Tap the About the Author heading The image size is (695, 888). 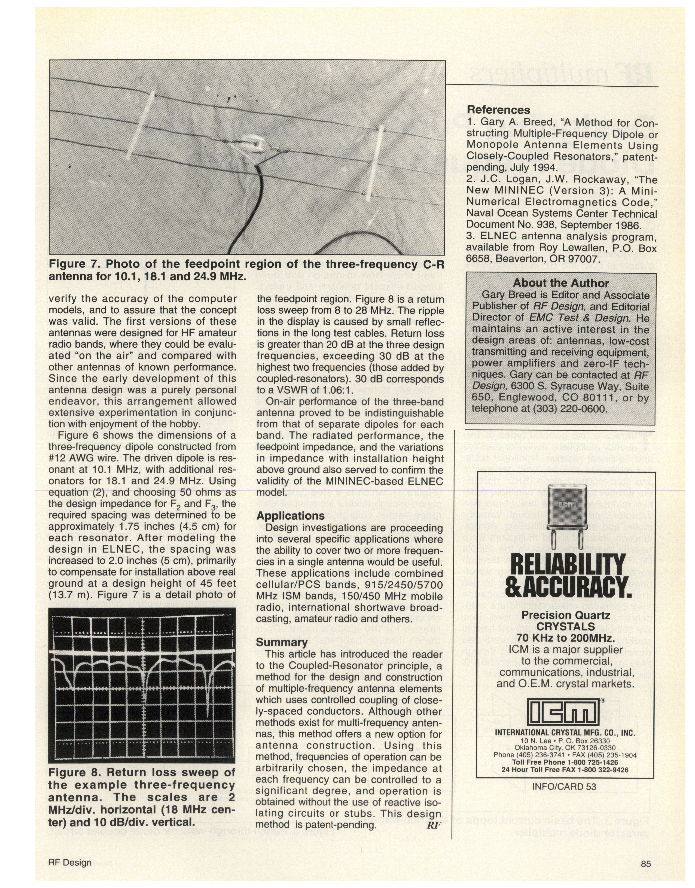pyautogui.click(x=561, y=283)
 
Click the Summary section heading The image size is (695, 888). pyautogui.click(x=281, y=642)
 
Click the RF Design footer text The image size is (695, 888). pyautogui.click(x=69, y=863)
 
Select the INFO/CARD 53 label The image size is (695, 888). pyautogui.click(x=564, y=786)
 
